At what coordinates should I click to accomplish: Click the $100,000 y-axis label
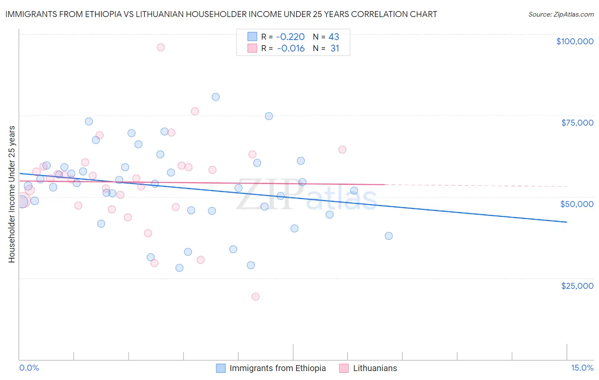575,41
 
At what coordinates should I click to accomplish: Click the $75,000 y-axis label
577,123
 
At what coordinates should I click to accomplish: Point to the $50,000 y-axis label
577,204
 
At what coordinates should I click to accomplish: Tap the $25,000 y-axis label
577,286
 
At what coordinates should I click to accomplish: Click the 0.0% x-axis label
29,368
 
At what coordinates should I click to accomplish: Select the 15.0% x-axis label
582,368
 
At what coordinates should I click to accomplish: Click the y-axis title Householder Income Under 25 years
12,194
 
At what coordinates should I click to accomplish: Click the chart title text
221,14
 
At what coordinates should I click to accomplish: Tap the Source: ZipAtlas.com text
561,14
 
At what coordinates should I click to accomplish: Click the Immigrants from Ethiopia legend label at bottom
277,368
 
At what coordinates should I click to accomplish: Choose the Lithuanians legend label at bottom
375,368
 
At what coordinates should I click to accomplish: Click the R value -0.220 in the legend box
291,37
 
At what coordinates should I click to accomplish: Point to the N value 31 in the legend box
335,49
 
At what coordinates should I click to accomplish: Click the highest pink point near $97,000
161,47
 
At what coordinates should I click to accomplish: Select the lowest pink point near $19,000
256,297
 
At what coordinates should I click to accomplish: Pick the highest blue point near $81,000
216,97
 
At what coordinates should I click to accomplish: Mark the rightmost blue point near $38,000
389,236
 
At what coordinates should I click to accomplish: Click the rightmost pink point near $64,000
342,150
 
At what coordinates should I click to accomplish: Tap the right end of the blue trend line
567,222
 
